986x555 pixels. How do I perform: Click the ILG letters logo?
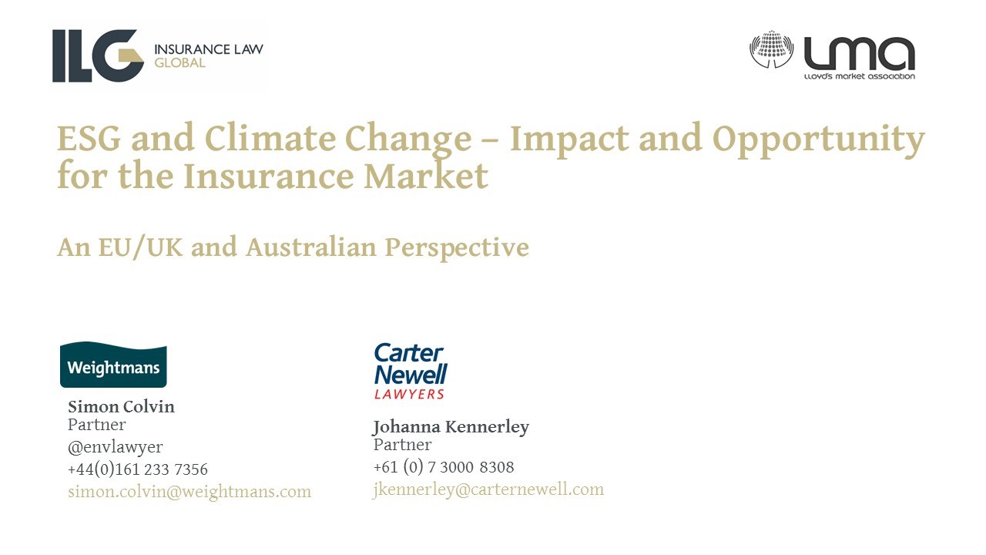98,56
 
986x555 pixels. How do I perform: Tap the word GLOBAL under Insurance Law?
179,63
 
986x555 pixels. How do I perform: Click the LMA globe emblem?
771,49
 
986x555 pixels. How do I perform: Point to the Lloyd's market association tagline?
859,76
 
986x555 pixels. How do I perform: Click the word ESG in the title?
89,138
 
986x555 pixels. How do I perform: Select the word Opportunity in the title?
818,140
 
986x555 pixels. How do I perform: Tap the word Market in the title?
426,175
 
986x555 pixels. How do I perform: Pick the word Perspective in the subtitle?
457,248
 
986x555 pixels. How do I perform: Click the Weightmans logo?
113,365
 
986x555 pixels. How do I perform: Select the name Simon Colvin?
121,406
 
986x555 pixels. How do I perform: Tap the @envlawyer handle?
116,447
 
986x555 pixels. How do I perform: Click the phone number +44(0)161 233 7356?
138,469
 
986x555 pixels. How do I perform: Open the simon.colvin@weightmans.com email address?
189,492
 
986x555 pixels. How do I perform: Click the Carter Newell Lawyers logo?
411,372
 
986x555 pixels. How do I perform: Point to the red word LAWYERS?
409,394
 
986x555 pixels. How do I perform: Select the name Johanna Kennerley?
451,427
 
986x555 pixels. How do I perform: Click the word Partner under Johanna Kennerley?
402,445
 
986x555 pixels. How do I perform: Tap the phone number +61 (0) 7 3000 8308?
444,467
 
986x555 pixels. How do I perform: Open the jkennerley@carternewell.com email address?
488,489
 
